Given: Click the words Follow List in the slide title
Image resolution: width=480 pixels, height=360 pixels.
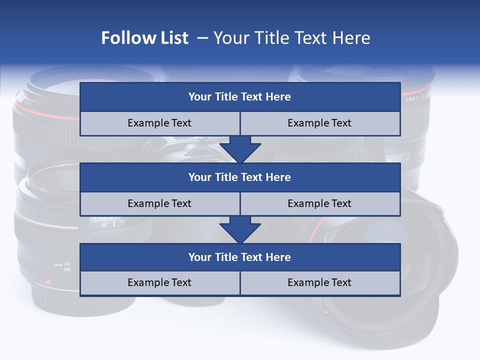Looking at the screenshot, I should click(x=145, y=38).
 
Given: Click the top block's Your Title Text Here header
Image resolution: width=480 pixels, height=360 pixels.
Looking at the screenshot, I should click(x=240, y=97).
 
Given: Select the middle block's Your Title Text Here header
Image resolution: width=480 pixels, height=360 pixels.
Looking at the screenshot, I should click(x=240, y=177).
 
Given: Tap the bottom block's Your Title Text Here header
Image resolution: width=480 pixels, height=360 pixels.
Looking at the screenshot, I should click(x=240, y=257).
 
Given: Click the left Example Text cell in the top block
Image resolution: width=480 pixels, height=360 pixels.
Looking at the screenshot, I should click(x=160, y=123).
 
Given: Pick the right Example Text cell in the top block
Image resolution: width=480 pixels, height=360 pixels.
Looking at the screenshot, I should click(x=320, y=123).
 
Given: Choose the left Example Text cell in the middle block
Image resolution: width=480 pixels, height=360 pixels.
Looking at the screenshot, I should click(x=160, y=203).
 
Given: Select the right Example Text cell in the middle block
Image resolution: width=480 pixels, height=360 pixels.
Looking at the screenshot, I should click(x=320, y=203).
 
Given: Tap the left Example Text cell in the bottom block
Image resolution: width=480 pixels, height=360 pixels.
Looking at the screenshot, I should click(x=160, y=282).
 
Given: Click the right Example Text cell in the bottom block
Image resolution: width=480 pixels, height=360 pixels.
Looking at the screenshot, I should click(x=320, y=282).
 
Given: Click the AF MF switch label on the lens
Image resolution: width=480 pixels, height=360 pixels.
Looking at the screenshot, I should click(x=67, y=266).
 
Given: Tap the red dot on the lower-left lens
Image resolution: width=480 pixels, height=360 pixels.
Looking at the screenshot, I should click(x=48, y=282).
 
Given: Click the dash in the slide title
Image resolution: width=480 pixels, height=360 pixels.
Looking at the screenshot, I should click(x=202, y=38).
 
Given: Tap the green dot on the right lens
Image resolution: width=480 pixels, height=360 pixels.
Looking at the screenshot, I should click(x=408, y=155).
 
